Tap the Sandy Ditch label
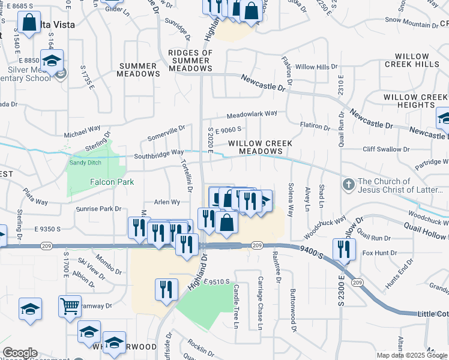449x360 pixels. (x=85, y=163)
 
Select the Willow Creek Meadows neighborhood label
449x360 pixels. (x=260, y=148)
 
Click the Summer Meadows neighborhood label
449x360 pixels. (x=140, y=70)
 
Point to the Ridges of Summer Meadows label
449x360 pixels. (x=190, y=61)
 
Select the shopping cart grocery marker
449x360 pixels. (x=70, y=307)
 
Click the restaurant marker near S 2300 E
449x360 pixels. (x=344, y=250)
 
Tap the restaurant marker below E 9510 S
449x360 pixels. (x=166, y=290)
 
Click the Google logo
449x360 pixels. (x=20, y=353)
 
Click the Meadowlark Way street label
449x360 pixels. (x=252, y=113)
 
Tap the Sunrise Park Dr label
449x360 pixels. (x=99, y=209)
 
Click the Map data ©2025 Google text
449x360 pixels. (x=412, y=355)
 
